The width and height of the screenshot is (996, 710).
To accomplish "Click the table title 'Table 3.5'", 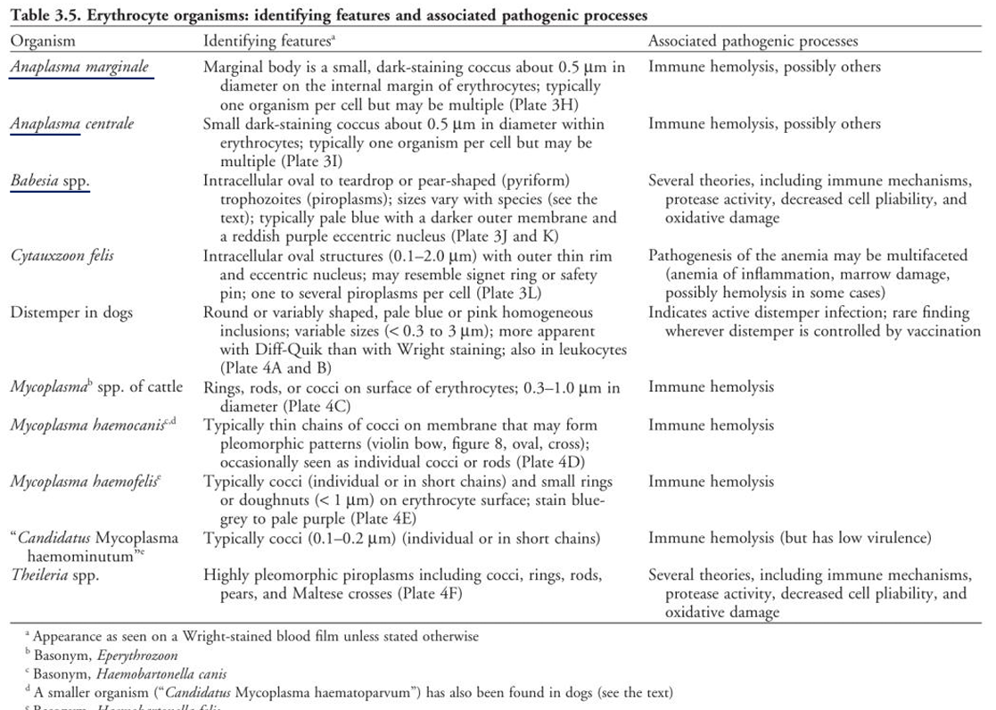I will (x=44, y=16).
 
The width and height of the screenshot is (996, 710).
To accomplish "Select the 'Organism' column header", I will (x=43, y=41).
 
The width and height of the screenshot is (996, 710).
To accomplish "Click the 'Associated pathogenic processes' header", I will (x=753, y=41).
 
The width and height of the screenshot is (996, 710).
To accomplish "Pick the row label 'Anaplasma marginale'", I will (x=79, y=67).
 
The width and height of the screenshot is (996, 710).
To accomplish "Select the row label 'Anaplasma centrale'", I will (x=72, y=124).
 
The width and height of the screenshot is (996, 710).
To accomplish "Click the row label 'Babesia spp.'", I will (x=50, y=181).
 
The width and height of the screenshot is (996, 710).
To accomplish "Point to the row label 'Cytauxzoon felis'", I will (x=62, y=256).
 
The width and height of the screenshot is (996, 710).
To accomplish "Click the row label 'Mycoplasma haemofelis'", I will (x=86, y=482).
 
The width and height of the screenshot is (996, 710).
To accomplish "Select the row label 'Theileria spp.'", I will (x=54, y=575).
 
